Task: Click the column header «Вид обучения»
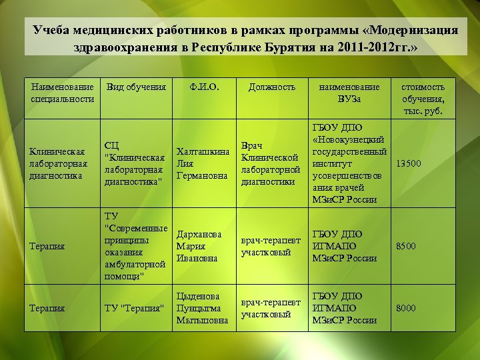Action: click(x=137, y=87)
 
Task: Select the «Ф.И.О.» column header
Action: click(x=203, y=87)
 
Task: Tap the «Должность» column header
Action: click(x=271, y=87)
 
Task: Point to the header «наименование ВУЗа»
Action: click(x=349, y=93)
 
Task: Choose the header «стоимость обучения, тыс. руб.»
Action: click(x=423, y=99)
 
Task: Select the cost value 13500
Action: click(x=409, y=163)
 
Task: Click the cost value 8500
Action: click(x=405, y=246)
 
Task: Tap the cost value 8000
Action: click(x=405, y=308)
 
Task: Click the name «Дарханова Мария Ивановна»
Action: click(x=199, y=246)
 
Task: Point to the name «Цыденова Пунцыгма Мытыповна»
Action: click(x=202, y=308)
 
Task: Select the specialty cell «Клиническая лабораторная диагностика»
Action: click(x=58, y=163)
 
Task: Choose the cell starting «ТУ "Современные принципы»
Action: click(x=136, y=246)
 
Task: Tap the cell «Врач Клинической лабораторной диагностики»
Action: click(x=270, y=163)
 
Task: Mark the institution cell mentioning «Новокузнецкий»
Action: click(x=349, y=163)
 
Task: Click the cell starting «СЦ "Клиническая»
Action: click(x=135, y=163)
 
